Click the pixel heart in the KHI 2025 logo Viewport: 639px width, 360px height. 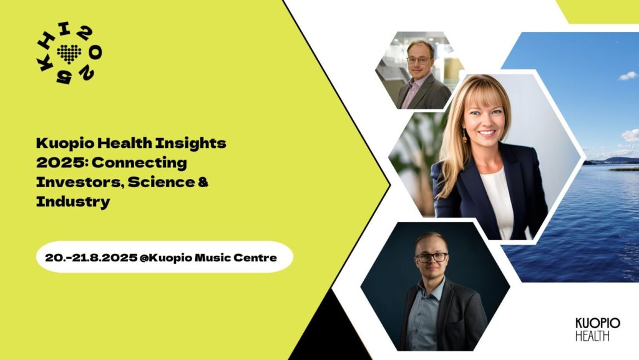(69, 54)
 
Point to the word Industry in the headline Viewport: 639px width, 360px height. (73, 201)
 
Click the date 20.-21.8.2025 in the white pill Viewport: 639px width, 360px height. (91, 258)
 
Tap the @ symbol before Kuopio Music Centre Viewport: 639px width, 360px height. (144, 258)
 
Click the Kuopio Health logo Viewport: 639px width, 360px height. (597, 329)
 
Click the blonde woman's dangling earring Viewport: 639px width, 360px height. (464, 135)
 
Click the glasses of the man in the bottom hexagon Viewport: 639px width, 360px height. (432, 258)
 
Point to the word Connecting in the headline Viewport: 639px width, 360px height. (139, 163)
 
